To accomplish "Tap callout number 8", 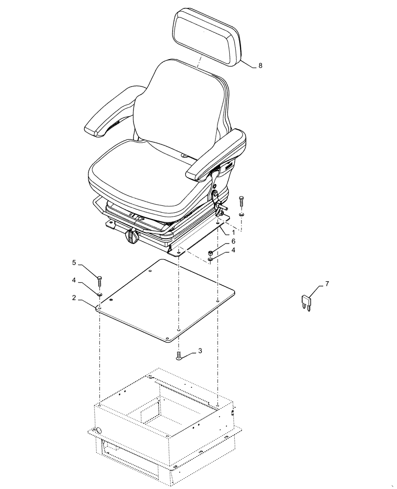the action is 260,66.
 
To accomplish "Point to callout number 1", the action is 233,234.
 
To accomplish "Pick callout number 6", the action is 233,242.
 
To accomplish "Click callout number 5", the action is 74,263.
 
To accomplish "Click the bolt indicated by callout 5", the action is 99,282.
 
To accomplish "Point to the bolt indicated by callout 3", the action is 179,356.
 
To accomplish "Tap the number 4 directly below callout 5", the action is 75,280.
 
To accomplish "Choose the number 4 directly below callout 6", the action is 233,250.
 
